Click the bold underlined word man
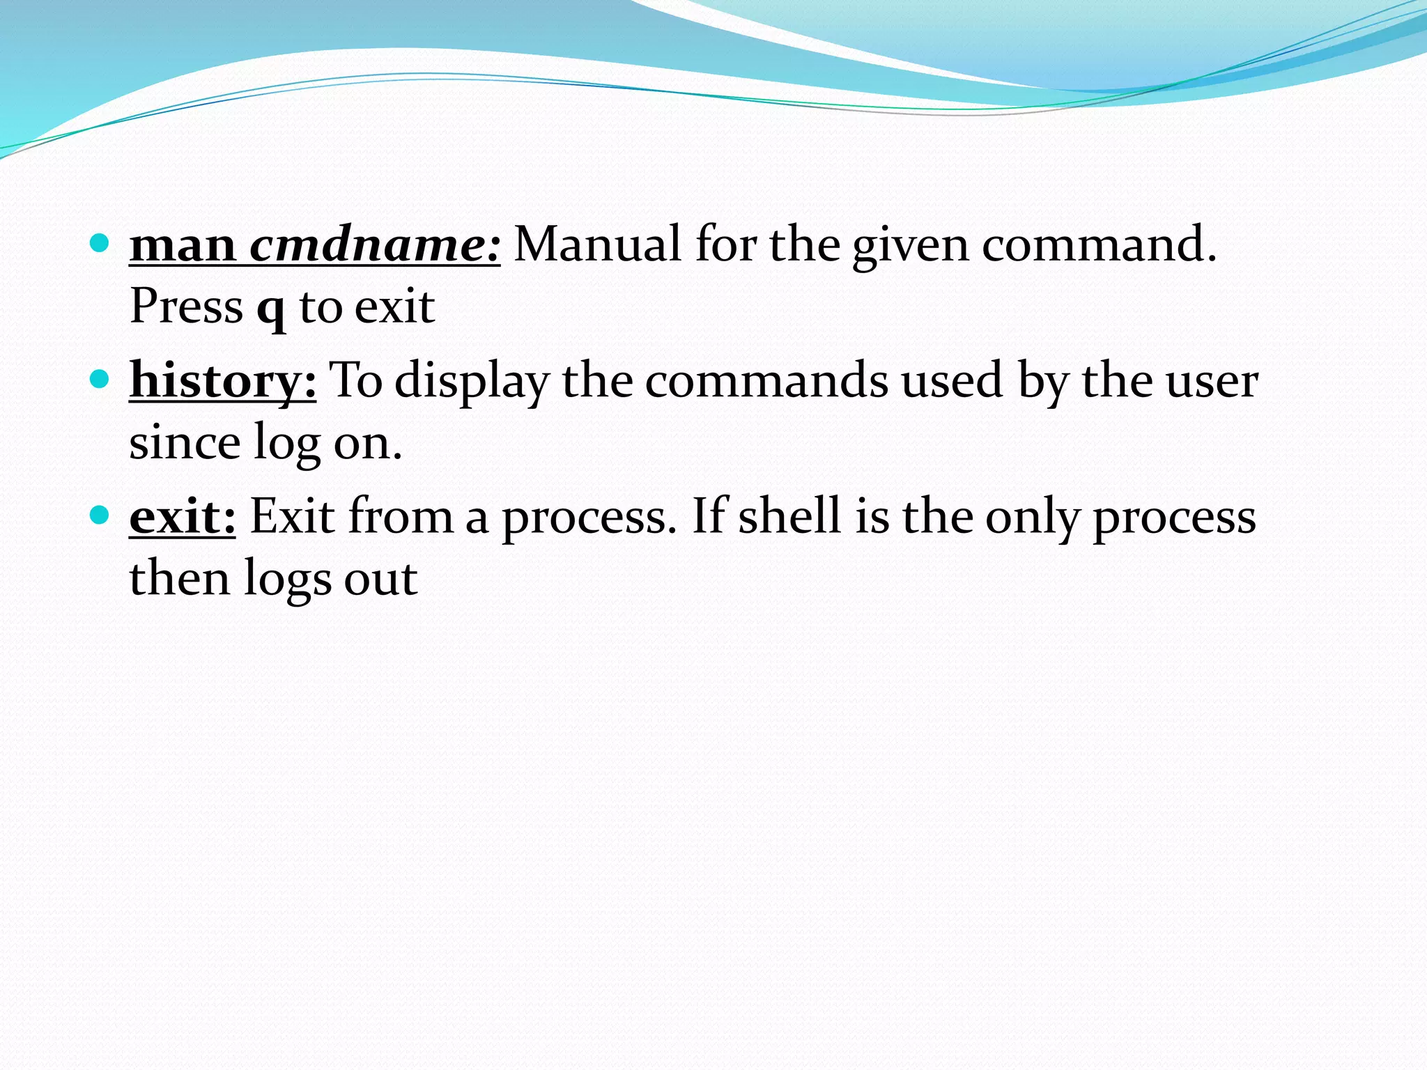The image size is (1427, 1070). click(183, 246)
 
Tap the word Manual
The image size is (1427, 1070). click(597, 245)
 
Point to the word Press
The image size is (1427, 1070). click(186, 307)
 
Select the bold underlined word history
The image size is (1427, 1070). click(222, 382)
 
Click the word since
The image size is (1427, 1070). click(185, 443)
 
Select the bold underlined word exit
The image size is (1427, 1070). click(182, 517)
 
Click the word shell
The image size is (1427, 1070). click(789, 517)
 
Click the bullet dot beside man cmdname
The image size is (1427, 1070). click(100, 243)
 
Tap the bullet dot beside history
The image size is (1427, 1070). click(100, 379)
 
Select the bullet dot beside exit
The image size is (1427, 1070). click(100, 515)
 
